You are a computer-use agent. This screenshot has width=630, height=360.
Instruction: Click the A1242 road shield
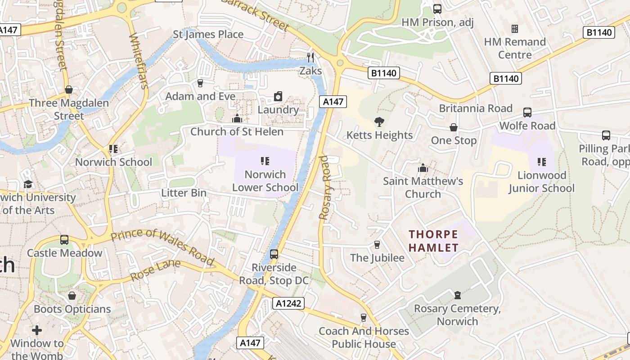(288, 303)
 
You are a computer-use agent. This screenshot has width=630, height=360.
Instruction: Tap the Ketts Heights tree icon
(379, 121)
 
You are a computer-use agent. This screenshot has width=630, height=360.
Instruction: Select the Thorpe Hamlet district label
(433, 241)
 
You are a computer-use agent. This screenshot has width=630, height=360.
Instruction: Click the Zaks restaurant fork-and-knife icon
(310, 57)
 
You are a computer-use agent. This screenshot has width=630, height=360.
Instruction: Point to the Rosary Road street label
(324, 187)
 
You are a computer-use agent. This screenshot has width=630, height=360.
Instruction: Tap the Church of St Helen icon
(237, 118)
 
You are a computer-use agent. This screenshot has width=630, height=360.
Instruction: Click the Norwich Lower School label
(265, 181)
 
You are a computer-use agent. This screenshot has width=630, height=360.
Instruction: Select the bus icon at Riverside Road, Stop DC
(274, 254)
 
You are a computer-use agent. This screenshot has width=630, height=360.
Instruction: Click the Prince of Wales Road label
(162, 246)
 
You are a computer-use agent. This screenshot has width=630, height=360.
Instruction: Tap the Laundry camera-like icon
(278, 96)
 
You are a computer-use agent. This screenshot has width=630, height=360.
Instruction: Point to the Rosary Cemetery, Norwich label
(457, 315)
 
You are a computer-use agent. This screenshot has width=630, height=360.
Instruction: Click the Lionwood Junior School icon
(542, 162)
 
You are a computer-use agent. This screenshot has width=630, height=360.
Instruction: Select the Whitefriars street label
(139, 61)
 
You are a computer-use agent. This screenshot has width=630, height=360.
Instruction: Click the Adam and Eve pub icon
(200, 83)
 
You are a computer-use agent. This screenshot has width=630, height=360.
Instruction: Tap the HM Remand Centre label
(514, 48)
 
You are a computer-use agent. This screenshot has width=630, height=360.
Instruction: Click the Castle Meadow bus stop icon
(64, 239)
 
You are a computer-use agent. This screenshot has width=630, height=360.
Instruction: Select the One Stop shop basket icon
(454, 127)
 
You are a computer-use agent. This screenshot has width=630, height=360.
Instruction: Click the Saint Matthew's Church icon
(423, 168)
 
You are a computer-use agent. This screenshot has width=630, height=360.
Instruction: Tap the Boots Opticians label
(72, 309)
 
